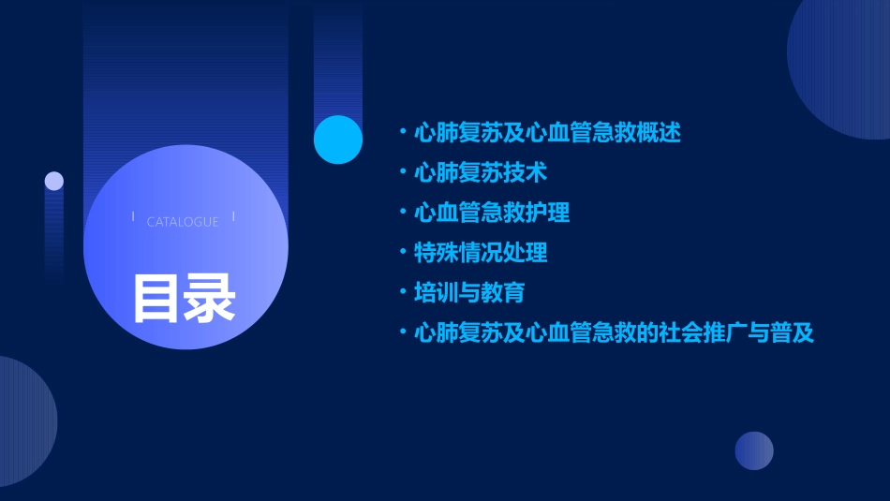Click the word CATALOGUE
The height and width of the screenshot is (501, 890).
click(183, 222)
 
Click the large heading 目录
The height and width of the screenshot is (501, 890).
click(184, 298)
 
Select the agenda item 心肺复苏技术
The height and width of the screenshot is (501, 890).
click(480, 173)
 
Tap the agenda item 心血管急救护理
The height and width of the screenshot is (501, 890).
click(491, 213)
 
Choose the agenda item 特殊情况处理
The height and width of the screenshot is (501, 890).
click(480, 253)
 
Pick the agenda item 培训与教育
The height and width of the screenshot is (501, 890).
click(468, 292)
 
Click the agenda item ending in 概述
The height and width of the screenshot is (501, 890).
click(546, 133)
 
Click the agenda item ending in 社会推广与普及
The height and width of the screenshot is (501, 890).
click(614, 332)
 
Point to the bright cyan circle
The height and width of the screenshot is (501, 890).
click(338, 140)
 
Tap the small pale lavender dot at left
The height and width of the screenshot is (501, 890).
click(54, 181)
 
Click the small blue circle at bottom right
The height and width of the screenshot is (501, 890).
click(754, 450)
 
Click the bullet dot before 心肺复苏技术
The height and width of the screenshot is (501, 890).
click(403, 173)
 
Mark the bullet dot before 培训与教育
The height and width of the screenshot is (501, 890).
click(403, 292)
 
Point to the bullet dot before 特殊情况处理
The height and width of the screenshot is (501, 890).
click(403, 253)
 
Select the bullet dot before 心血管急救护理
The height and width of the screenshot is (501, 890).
click(403, 213)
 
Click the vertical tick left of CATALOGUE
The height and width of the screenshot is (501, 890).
click(132, 217)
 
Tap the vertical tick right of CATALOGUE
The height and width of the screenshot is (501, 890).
click(233, 217)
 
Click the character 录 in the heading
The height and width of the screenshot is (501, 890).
click(210, 298)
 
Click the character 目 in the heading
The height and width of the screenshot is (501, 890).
click(156, 298)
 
